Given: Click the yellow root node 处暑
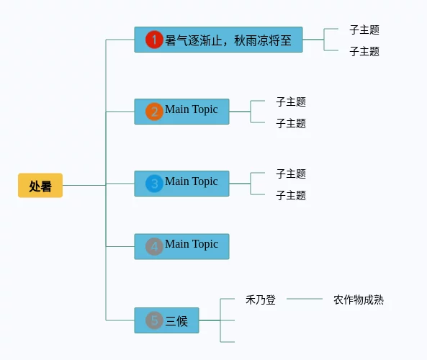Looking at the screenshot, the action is [40, 186].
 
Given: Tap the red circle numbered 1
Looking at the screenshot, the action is [154, 40].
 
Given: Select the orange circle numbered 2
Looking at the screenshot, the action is [154, 112].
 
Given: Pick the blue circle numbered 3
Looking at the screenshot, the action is [154, 184].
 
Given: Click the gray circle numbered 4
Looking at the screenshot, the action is [154, 246].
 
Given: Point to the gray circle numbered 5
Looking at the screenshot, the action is [154, 320].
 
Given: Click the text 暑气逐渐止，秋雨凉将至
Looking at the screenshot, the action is [228, 41].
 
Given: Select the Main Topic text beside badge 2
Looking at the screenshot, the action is [191, 109].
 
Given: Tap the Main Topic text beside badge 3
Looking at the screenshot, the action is [191, 181].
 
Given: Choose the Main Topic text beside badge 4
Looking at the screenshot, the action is [192, 244].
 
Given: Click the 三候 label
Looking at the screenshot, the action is [176, 321].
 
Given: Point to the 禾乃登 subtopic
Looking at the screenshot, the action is [261, 300].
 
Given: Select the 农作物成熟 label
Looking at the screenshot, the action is [359, 300].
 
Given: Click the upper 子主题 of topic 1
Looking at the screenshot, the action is [364, 30].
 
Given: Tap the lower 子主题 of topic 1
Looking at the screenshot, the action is [364, 51].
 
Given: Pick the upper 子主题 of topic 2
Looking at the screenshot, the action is [291, 102].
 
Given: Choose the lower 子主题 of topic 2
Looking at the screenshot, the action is [291, 123].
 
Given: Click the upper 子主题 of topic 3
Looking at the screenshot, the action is [291, 174].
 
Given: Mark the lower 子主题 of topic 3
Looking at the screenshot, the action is [291, 195].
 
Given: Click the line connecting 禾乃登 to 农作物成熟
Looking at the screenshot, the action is [305, 299].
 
